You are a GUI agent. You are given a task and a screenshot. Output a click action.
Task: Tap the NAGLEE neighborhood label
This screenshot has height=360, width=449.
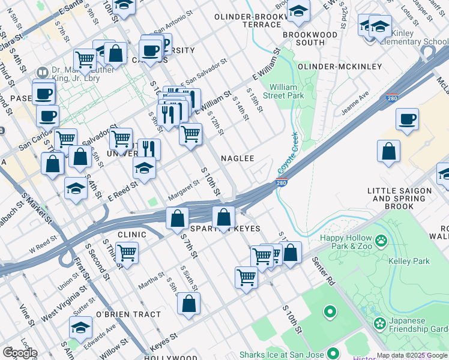point(238,158)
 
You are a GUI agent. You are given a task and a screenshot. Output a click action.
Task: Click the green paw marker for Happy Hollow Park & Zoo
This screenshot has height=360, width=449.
point(381,241)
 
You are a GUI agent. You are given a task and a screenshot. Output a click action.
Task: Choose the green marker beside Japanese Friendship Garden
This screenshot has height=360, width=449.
point(379,324)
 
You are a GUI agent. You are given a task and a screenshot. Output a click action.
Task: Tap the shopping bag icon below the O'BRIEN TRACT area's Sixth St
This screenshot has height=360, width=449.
point(189,304)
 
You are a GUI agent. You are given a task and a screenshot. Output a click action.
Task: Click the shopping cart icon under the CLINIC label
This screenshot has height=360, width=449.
point(127,254)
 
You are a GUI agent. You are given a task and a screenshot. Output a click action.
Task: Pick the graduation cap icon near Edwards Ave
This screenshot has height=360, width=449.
point(80,328)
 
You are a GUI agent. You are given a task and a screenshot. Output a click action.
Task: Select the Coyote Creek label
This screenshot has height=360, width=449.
point(288,154)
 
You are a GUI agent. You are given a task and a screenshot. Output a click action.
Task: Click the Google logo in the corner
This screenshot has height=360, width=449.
point(19,353)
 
